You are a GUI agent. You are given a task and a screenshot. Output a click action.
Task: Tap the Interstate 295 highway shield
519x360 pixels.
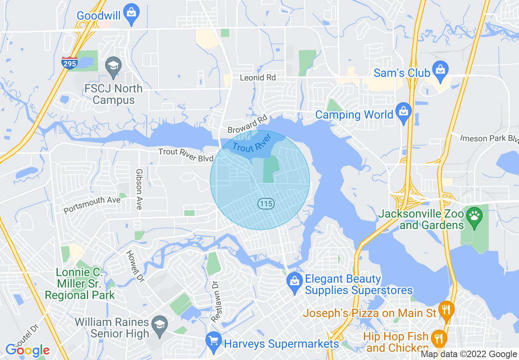pos(70,63)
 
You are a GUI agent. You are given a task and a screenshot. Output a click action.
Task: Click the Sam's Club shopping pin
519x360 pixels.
pos(440,70)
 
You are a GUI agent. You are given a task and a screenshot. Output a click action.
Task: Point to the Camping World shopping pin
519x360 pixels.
pos(404,112)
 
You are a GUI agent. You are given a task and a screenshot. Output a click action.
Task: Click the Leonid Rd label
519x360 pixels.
pos(258,77)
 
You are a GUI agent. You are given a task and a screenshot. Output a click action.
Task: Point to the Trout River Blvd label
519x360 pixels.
pos(186,155)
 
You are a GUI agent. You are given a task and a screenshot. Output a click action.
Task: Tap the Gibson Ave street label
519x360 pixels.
pos(139,189)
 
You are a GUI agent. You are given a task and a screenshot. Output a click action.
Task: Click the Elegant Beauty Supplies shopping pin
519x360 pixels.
pos(294,282)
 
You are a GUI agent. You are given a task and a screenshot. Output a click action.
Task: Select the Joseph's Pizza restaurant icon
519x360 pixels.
pos(445,310)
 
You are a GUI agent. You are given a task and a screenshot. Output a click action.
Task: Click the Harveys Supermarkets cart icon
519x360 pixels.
pos(213,341)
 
